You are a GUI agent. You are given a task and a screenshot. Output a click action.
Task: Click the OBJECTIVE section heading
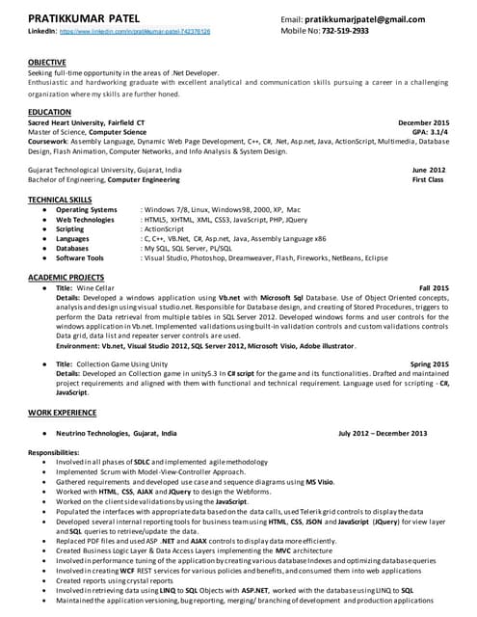[x=48, y=63]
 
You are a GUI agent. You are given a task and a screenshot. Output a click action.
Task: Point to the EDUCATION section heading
[x=50, y=113]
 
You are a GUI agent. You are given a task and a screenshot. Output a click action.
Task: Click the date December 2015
[x=423, y=123]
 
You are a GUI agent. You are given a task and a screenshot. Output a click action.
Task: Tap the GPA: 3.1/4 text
[x=430, y=132]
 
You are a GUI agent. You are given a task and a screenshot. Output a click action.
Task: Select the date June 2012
[x=429, y=170]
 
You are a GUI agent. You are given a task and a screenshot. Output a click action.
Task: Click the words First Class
[x=428, y=179]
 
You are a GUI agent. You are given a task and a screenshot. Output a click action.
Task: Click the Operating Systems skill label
[x=87, y=209]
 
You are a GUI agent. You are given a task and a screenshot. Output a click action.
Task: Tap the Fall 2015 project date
[x=434, y=288]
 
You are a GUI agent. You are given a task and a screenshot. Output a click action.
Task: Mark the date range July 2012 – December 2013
[x=383, y=434]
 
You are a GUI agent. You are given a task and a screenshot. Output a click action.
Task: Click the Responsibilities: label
[x=60, y=452]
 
